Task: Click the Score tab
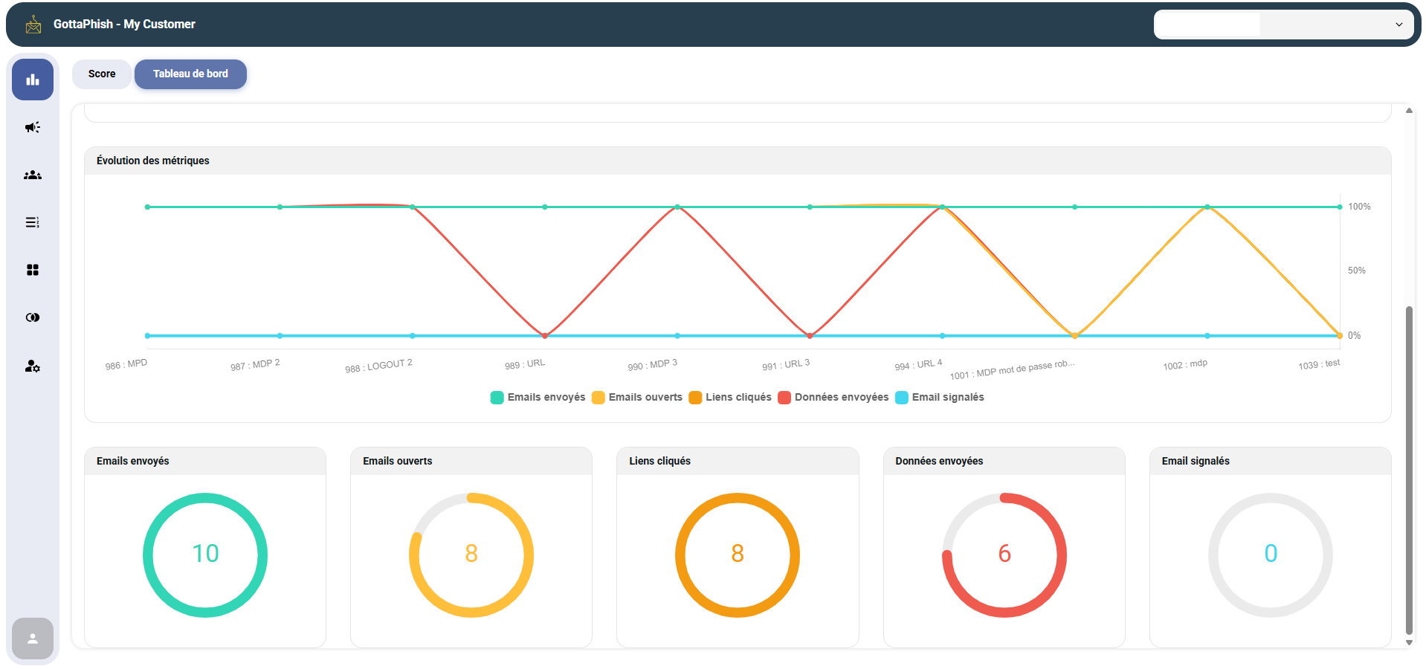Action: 102,74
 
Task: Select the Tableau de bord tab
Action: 190,74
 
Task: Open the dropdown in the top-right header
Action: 1283,25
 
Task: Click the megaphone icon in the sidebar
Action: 33,128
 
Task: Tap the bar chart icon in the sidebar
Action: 33,80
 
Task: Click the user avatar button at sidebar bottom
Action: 33,639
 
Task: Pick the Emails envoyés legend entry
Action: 538,398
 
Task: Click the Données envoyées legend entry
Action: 833,398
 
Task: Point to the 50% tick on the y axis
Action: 1356,271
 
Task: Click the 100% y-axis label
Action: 1359,207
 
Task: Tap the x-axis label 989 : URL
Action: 525,364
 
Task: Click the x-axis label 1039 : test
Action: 1319,364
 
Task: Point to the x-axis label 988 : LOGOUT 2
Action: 378,366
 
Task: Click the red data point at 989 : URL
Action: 545,336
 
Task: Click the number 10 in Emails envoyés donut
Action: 205,554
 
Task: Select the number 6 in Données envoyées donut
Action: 1004,554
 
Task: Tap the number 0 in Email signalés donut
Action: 1271,554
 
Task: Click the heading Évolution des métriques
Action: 153,161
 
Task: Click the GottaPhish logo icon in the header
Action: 33,25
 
